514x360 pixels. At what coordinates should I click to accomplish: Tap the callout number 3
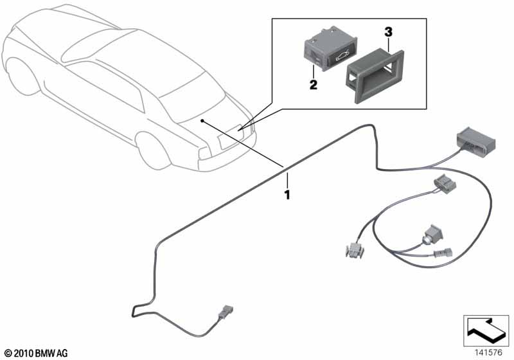click(x=387, y=31)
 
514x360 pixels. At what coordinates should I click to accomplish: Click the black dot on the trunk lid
click(x=202, y=120)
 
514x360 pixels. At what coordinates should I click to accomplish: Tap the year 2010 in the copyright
click(x=21, y=352)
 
